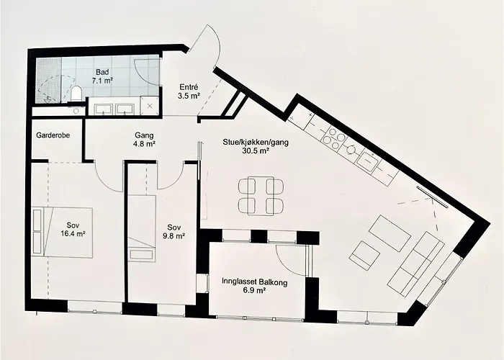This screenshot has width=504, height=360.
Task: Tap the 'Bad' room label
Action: click(x=103, y=73)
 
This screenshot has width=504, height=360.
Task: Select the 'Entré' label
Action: click(x=189, y=87)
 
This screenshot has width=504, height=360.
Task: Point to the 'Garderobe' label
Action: click(x=53, y=135)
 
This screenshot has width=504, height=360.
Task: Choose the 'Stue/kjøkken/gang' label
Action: click(x=246, y=142)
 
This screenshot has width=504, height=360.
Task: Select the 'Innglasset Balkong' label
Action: click(x=254, y=283)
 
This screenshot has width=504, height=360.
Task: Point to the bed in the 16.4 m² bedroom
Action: click(x=61, y=230)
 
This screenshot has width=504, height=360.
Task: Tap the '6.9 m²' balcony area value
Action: click(x=255, y=293)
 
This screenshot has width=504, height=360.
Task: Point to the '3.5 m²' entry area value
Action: click(x=189, y=97)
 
